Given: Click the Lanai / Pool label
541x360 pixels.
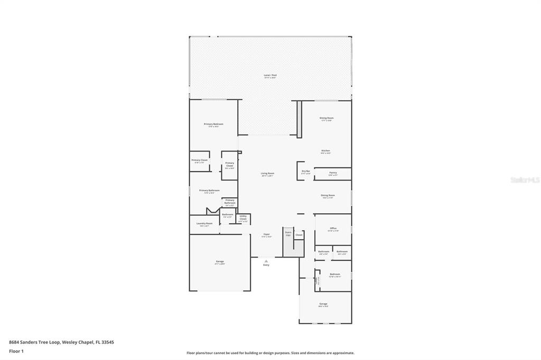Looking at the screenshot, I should pyautogui.click(x=270, y=75).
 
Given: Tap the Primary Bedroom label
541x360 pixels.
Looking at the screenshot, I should pyautogui.click(x=213, y=124).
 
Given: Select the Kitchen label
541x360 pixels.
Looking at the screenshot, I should pyautogui.click(x=325, y=151).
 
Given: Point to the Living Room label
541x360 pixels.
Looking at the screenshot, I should pyautogui.click(x=267, y=174).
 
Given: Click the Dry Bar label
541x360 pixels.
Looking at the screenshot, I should pyautogui.click(x=305, y=171).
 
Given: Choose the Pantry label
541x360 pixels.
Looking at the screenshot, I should pyautogui.click(x=333, y=173).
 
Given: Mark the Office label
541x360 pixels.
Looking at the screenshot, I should pyautogui.click(x=333, y=229).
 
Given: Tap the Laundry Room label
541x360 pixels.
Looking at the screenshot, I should pyautogui.click(x=204, y=224).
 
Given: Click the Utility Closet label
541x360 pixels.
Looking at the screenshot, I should pyautogui.click(x=243, y=217).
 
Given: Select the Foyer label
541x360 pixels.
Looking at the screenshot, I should pyautogui.click(x=267, y=234).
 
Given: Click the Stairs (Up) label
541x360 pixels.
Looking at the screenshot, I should pyautogui.click(x=288, y=233).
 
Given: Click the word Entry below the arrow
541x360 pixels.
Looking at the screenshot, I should pyautogui.click(x=266, y=265).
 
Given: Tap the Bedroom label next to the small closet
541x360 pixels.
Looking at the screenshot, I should pyautogui.click(x=335, y=274).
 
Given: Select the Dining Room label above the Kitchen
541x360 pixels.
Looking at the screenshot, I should pyautogui.click(x=327, y=118).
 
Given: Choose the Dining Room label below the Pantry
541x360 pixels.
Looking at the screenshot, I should pyautogui.click(x=328, y=196).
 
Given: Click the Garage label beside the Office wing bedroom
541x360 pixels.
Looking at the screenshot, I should pyautogui.click(x=323, y=304).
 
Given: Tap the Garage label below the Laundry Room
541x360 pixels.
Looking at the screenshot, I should pyautogui.click(x=220, y=262).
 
